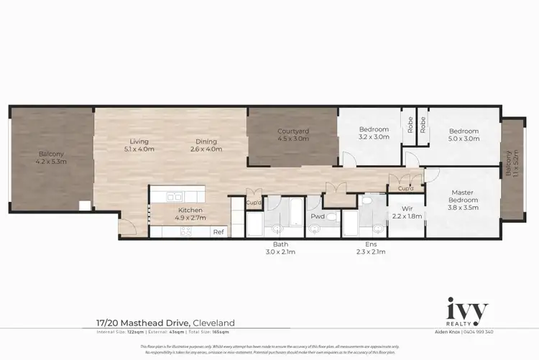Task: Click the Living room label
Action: click(x=139, y=145)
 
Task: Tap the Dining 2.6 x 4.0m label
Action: click(x=206, y=145)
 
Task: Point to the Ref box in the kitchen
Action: click(x=218, y=231)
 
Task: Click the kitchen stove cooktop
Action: click(x=185, y=231)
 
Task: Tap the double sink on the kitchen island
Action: click(x=175, y=196)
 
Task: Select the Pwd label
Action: click(x=318, y=216)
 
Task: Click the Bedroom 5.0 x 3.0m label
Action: click(x=464, y=135)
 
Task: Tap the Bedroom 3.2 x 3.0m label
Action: click(x=374, y=134)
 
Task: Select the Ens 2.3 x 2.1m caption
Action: click(x=371, y=249)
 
